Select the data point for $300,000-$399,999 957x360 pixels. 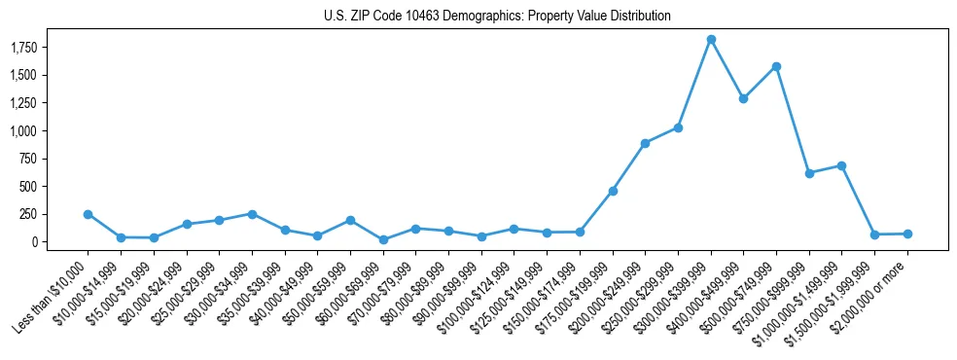(711, 39)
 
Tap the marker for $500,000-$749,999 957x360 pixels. (776, 66)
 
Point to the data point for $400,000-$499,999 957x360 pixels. (743, 98)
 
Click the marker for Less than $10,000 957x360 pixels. (88, 214)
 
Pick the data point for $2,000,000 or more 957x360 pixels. (907, 234)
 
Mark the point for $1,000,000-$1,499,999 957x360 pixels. (841, 165)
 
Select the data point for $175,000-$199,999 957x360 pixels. (613, 191)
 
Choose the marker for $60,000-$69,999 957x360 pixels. (383, 239)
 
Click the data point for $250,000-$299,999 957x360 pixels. (678, 127)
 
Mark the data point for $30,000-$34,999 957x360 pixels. (252, 214)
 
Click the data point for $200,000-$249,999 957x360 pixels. (645, 143)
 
